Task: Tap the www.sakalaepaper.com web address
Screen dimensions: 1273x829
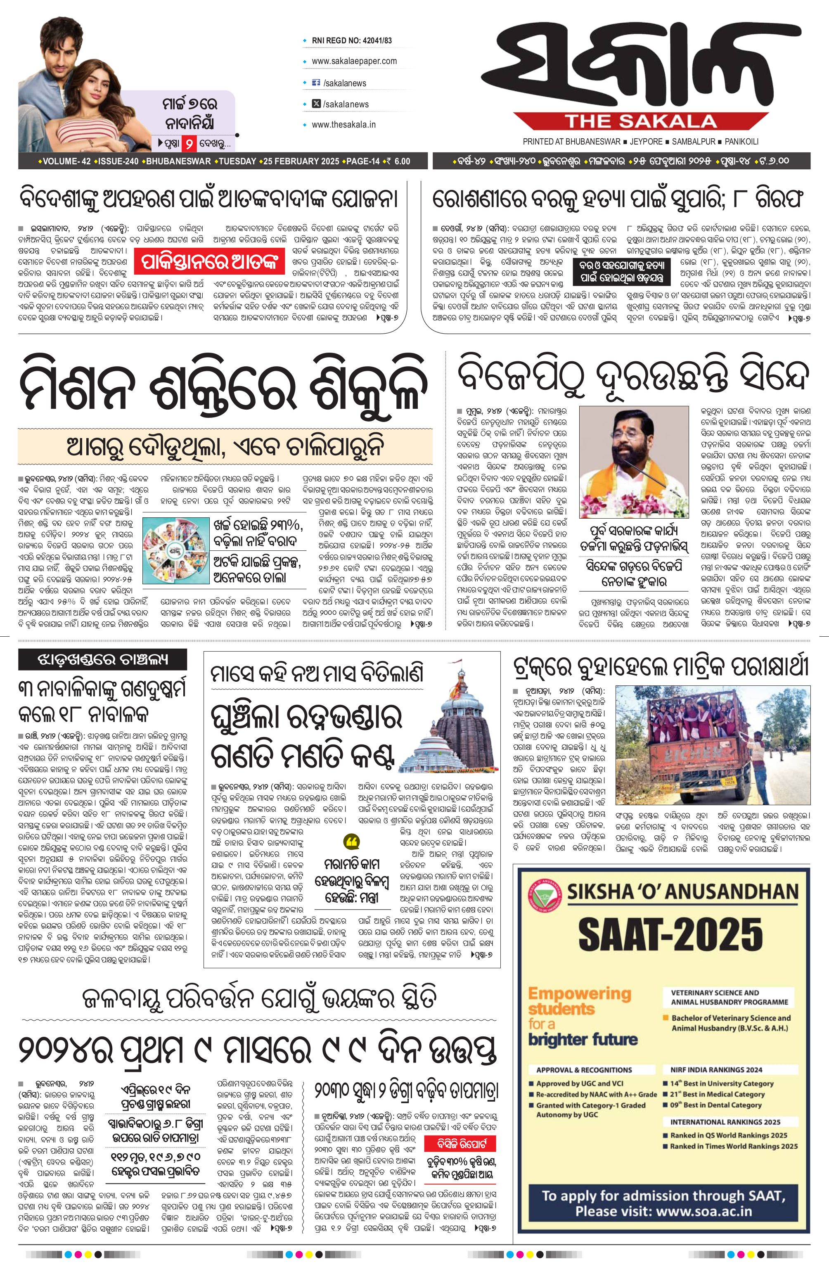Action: (354, 61)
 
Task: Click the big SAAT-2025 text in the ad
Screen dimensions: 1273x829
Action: (670, 933)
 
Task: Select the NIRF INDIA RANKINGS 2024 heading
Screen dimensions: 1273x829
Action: (716, 1069)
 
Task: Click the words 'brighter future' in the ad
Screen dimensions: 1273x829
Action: (583, 1039)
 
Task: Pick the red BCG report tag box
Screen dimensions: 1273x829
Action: (460, 1144)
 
